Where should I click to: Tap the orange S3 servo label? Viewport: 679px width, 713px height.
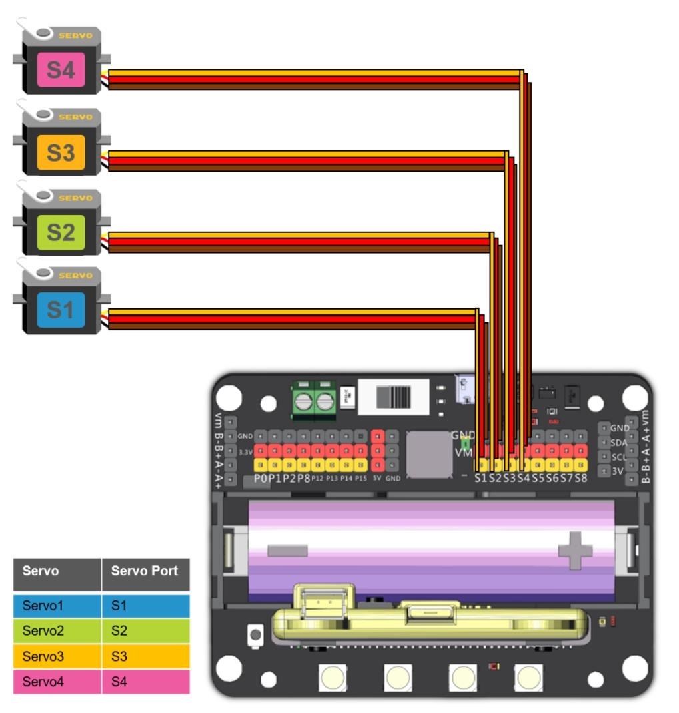61,152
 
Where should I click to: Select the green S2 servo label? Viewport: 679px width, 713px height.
61,232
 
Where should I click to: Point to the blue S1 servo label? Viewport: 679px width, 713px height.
61,310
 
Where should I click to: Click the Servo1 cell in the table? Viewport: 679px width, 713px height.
57,606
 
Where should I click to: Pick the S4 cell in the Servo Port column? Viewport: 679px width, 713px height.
145,682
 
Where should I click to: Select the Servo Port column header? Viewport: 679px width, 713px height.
145,571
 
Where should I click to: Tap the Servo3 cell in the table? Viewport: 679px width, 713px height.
57,656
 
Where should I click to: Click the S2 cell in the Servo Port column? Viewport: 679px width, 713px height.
145,631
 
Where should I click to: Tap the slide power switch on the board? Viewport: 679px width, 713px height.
392,397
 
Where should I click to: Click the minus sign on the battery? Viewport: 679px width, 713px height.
287,551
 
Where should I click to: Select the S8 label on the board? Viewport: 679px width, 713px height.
581,477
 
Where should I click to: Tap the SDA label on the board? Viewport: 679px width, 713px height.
618,442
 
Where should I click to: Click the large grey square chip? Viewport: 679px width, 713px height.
429,454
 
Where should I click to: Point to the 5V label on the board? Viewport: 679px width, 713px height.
377,478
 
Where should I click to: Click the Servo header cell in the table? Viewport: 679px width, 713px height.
57,571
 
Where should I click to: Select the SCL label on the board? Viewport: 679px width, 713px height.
618,457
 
